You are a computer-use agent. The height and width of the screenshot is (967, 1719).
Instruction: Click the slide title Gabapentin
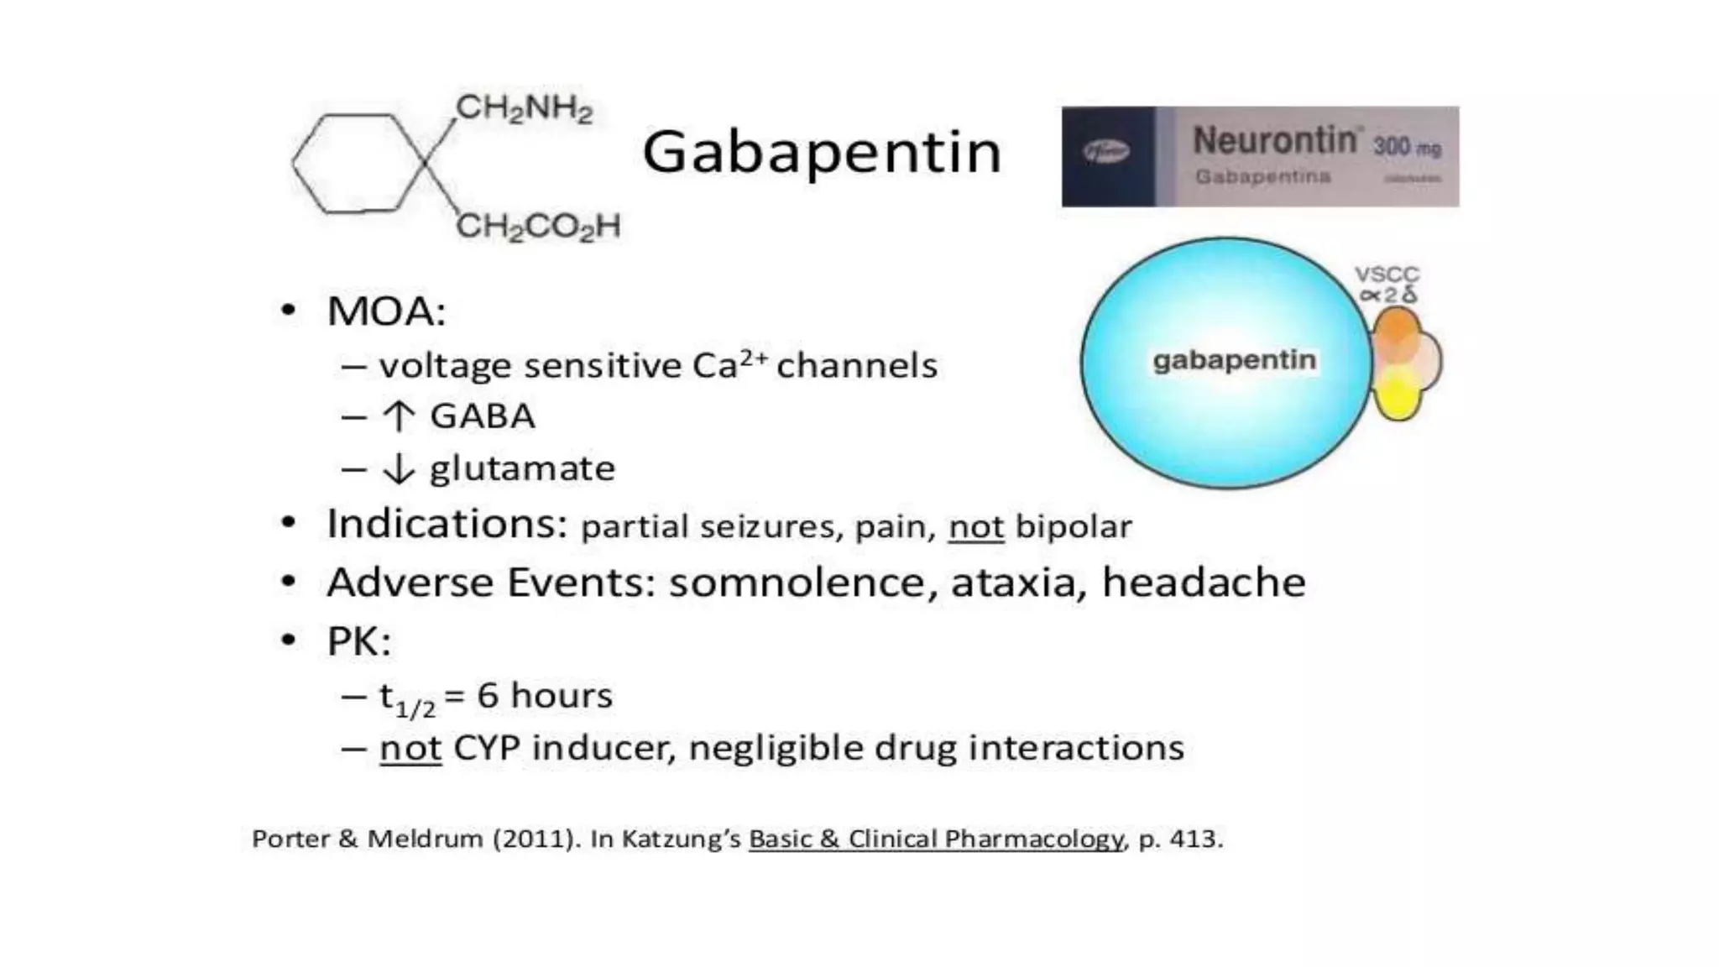tap(822, 153)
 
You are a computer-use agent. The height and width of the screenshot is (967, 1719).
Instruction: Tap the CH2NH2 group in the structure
tap(525, 109)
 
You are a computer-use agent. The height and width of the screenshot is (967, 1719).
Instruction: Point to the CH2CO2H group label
tap(538, 227)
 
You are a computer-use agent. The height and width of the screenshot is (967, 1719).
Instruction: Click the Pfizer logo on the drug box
tap(1105, 152)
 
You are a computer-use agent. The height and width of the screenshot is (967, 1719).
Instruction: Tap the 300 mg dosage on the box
tap(1407, 148)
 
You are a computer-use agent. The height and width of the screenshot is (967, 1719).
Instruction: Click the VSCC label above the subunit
tap(1387, 274)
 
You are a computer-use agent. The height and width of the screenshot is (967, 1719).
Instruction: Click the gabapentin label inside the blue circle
tap(1234, 360)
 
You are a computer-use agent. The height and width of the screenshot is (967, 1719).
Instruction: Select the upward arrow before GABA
tap(399, 416)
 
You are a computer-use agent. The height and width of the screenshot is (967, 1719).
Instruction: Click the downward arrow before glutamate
tap(399, 468)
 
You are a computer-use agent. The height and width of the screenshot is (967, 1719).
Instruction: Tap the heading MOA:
tap(386, 311)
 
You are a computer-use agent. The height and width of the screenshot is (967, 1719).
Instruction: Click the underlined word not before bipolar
tap(975, 527)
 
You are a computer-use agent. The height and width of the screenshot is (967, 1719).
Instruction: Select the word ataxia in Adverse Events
tap(1013, 583)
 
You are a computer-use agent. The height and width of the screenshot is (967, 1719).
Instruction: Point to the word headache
tap(1204, 583)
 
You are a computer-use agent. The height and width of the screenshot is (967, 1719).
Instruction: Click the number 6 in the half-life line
tap(488, 696)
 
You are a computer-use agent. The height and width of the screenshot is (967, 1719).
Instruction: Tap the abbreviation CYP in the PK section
tap(486, 748)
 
